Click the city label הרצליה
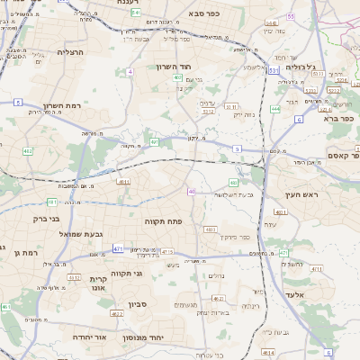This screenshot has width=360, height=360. tap(69, 52)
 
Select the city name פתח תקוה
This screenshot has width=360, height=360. tap(165, 220)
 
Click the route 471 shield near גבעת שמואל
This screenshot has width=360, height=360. tap(119, 248)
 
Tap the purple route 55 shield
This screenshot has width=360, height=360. tap(291, 17)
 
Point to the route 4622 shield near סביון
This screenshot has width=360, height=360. tap(116, 314)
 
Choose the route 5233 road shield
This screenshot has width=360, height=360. tap(310, 91)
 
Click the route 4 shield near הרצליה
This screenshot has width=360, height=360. tap(130, 70)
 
